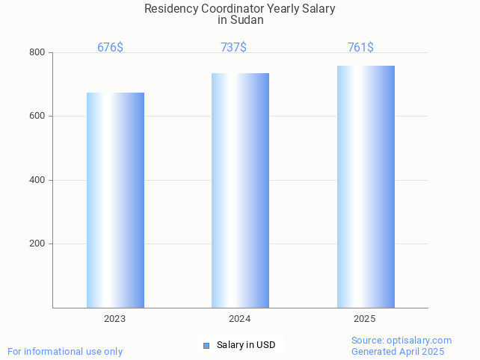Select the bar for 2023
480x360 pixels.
point(115,200)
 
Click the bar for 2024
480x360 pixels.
point(240,190)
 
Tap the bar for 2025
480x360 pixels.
point(366,187)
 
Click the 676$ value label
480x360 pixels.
point(110,48)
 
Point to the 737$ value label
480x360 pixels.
point(233,48)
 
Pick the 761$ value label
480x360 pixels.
point(360,48)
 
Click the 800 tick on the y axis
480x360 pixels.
point(37,53)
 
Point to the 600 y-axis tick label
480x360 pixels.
point(37,117)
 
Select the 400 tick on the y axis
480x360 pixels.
point(37,180)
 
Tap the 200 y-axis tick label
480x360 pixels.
point(37,244)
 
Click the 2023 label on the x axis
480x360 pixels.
point(114,319)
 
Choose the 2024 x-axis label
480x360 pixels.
point(239,319)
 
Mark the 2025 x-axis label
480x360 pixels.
point(364,319)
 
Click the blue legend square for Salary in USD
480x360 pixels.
point(206,345)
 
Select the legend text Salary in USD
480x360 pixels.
point(246,345)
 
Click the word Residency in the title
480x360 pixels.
point(170,9)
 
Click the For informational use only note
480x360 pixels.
point(65,351)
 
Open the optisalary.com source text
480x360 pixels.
point(401,341)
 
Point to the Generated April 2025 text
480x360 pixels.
point(398,352)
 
